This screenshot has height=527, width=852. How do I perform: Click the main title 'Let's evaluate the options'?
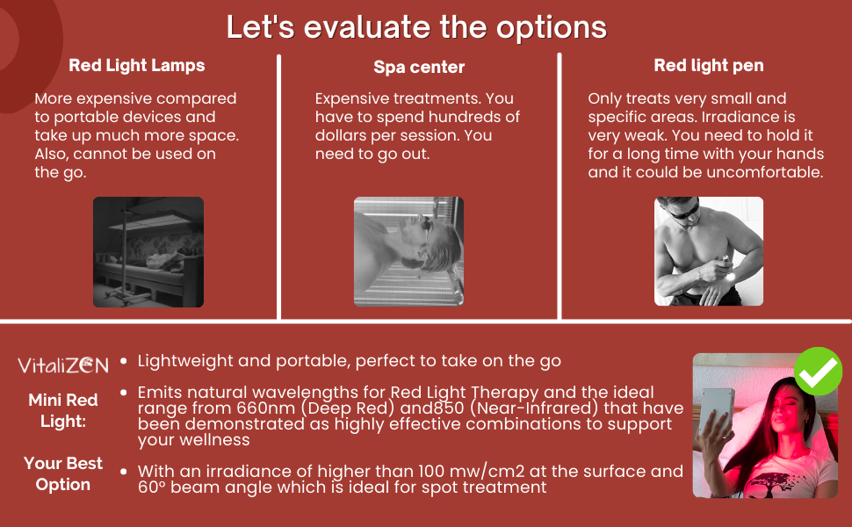[416, 26]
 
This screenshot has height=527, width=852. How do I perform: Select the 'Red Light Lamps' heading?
[137, 65]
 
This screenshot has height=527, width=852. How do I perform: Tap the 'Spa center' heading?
[419, 67]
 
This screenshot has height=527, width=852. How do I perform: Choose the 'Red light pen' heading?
[709, 65]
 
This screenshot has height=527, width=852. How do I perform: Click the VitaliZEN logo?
[63, 365]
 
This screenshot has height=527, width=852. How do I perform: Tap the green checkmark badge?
[818, 371]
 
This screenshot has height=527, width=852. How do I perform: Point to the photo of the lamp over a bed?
[148, 252]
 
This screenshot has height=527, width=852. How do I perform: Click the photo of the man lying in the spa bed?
[408, 251]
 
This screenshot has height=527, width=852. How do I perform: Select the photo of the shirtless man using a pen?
[709, 251]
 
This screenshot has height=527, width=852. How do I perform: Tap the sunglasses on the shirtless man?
[683, 210]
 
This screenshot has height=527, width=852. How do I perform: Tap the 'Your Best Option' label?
[63, 473]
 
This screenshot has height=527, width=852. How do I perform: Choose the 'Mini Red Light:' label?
[63, 411]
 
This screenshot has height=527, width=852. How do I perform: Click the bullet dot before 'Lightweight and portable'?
[123, 361]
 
